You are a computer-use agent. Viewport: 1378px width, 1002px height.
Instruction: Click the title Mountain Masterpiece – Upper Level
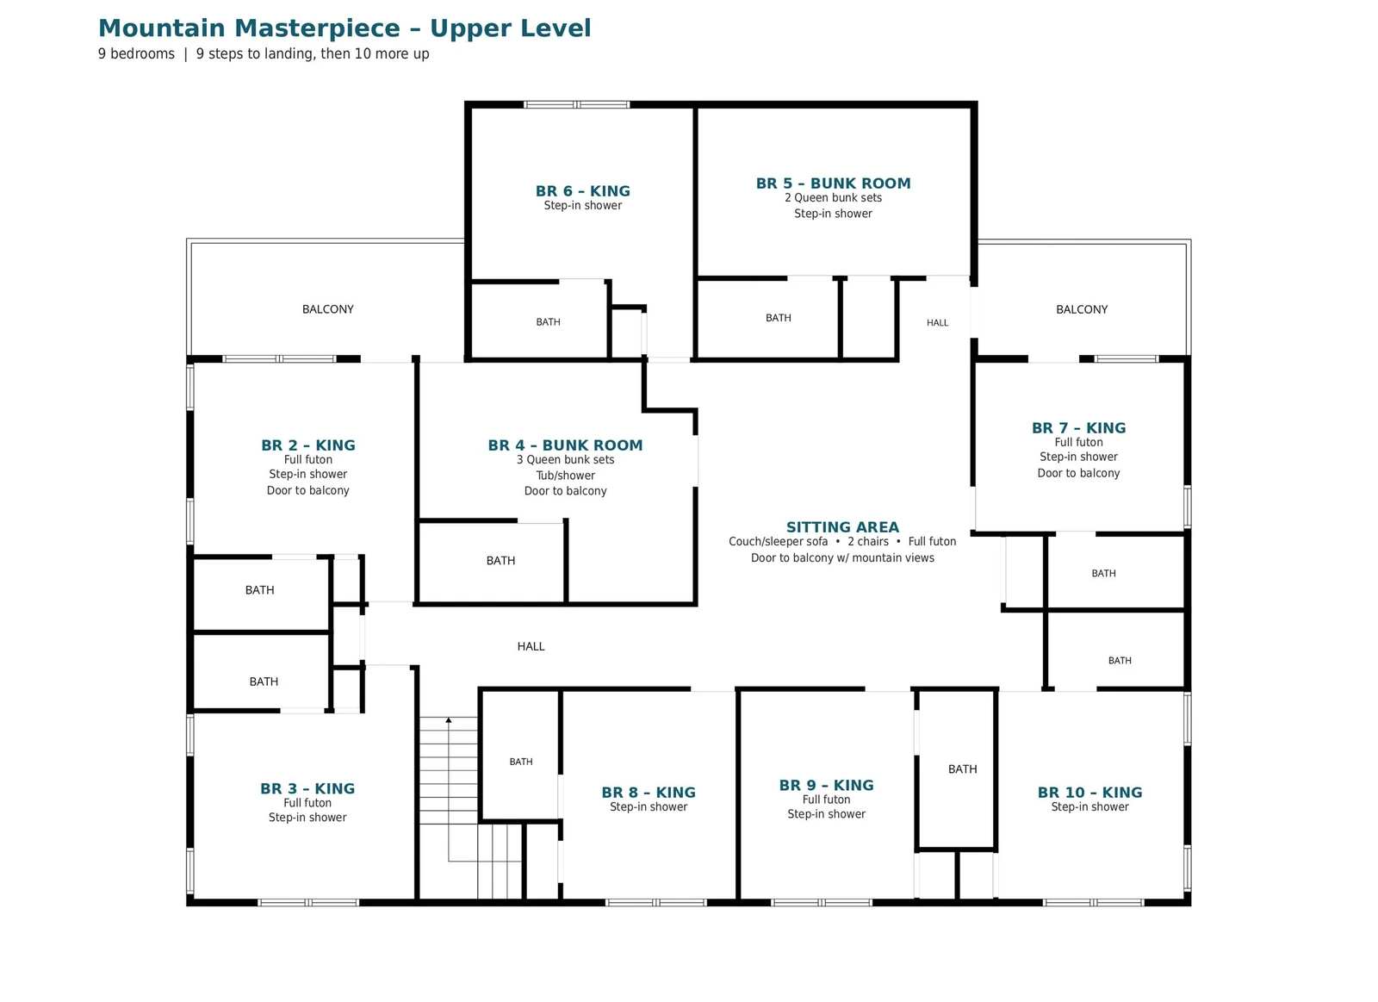click(344, 28)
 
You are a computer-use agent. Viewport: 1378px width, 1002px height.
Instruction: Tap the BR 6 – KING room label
click(582, 190)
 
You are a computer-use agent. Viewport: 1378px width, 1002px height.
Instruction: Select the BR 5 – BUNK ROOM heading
click(833, 184)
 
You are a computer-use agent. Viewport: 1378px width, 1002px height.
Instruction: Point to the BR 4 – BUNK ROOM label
click(565, 445)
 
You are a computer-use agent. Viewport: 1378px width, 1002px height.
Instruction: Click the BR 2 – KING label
click(308, 445)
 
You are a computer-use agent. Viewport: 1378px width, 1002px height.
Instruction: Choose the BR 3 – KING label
click(307, 788)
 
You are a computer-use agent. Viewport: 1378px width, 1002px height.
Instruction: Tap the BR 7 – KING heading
click(1078, 427)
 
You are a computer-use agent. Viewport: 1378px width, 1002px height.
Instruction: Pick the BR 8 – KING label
click(649, 792)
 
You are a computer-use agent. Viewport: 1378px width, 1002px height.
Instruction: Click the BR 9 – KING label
click(826, 785)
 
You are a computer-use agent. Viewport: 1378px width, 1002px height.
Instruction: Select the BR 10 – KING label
click(1089, 792)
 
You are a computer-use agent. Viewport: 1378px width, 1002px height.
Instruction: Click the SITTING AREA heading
click(842, 527)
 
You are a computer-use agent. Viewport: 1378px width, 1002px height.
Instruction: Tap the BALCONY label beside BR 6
click(328, 309)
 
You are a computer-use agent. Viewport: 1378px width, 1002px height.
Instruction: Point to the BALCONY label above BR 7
click(1082, 309)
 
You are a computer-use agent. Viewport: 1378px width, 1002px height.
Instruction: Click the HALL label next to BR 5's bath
click(938, 322)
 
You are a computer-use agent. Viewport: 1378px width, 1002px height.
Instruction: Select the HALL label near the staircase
click(531, 646)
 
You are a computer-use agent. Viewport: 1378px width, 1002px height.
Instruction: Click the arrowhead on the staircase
click(449, 719)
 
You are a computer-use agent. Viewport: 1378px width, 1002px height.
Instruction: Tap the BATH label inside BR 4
click(500, 561)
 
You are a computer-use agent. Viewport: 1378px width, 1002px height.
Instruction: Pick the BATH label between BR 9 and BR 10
click(962, 769)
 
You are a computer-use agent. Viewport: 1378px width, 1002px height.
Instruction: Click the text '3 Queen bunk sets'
click(565, 460)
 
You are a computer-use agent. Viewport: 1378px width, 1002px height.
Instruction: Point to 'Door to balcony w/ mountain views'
click(842, 557)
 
